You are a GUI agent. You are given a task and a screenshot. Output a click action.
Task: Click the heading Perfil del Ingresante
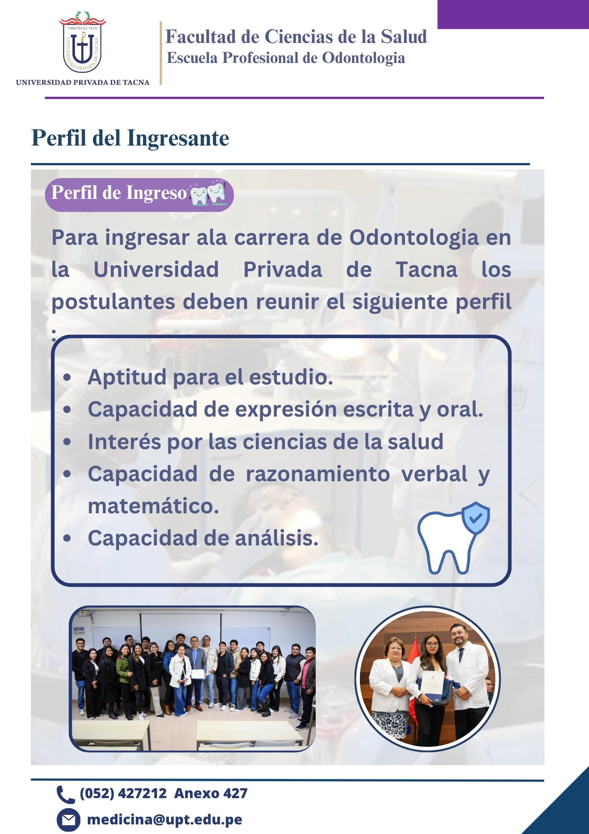click(x=130, y=138)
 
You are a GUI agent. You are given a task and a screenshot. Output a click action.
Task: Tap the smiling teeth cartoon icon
click(x=208, y=193)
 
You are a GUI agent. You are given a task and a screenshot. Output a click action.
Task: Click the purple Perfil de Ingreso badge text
click(x=119, y=193)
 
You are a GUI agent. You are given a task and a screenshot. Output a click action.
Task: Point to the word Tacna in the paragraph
click(x=426, y=269)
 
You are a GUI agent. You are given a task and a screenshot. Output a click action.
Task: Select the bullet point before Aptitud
click(x=67, y=377)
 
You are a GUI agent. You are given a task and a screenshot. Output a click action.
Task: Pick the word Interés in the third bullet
click(x=124, y=442)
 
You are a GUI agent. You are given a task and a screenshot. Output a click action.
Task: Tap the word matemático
click(x=153, y=506)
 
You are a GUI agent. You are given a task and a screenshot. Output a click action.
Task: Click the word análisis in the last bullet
click(x=277, y=538)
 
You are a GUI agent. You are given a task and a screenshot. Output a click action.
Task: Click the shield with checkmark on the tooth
click(x=475, y=518)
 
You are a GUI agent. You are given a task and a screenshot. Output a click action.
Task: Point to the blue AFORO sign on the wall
click(x=79, y=630)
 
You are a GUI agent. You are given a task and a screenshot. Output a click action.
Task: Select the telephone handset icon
click(x=65, y=794)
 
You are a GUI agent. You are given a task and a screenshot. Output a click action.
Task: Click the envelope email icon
click(x=68, y=820)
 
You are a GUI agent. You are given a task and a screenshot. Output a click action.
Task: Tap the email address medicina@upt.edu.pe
click(x=165, y=820)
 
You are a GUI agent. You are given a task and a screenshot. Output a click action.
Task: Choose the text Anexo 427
click(x=211, y=793)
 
